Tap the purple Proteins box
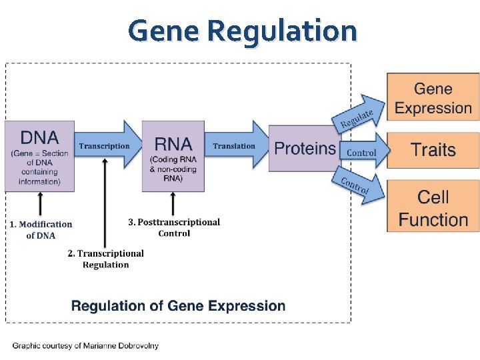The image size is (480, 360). click(304, 149)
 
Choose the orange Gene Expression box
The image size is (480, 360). click(433, 98)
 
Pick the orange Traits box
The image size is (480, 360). click(433, 150)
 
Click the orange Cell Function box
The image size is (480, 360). click(433, 207)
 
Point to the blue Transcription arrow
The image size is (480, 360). click(107, 145)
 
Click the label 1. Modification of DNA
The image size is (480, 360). click(41, 229)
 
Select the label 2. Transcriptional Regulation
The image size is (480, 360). click(105, 259)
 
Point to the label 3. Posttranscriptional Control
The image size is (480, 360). click(174, 227)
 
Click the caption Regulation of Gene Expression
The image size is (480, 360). click(178, 306)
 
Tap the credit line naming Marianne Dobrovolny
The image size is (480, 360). click(85, 345)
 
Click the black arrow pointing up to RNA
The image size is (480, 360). click(173, 203)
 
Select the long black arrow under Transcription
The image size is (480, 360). click(105, 200)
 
